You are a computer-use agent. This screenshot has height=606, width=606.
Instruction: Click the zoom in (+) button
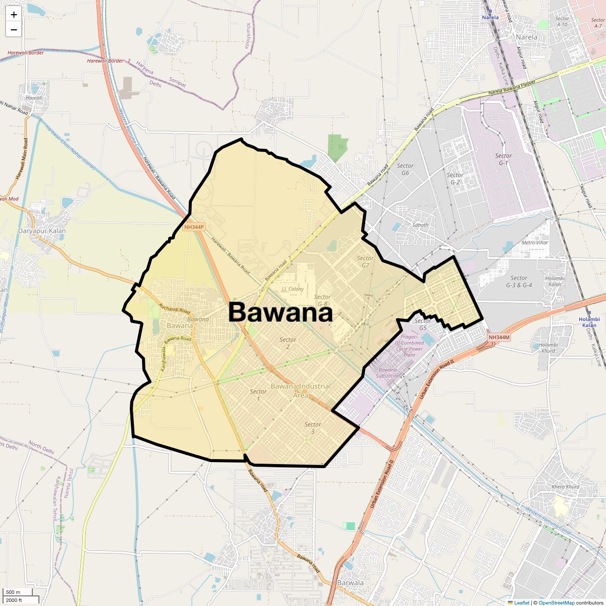(x=14, y=15)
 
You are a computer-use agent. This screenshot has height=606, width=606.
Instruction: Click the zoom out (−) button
(x=14, y=29)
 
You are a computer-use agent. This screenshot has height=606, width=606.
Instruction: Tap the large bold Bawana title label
(x=280, y=313)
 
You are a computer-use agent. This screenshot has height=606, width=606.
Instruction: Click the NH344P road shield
(x=194, y=227)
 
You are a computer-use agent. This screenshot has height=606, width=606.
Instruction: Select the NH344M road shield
(x=499, y=337)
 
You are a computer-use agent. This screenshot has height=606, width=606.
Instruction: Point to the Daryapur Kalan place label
(x=42, y=231)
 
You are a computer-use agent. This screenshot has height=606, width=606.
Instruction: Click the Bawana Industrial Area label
(x=301, y=390)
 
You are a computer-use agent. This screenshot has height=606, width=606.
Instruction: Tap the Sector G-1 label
(x=503, y=159)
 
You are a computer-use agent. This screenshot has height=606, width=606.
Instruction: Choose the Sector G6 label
(x=405, y=169)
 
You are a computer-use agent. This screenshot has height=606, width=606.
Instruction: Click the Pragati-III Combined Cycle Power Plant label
(x=410, y=345)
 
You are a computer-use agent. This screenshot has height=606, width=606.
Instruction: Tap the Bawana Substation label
(x=388, y=373)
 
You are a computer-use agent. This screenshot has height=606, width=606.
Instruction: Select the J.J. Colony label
(x=292, y=289)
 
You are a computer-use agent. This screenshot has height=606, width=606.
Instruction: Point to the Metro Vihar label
(x=535, y=242)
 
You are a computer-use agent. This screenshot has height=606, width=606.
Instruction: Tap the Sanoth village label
(x=420, y=225)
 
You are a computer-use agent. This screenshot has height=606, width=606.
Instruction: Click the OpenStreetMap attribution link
(x=557, y=602)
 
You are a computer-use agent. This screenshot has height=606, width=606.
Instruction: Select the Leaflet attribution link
(x=522, y=602)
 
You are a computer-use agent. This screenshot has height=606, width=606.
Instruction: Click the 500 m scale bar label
(x=13, y=592)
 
